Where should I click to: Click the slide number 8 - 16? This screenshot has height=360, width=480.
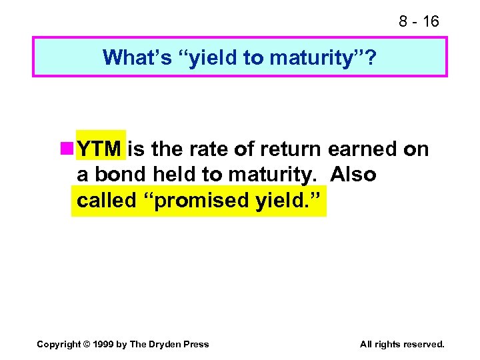click(x=419, y=21)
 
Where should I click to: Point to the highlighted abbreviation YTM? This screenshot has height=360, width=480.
click(x=100, y=149)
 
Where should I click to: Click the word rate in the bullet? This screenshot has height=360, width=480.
click(x=201, y=149)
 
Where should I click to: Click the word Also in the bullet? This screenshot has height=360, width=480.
click(x=353, y=175)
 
